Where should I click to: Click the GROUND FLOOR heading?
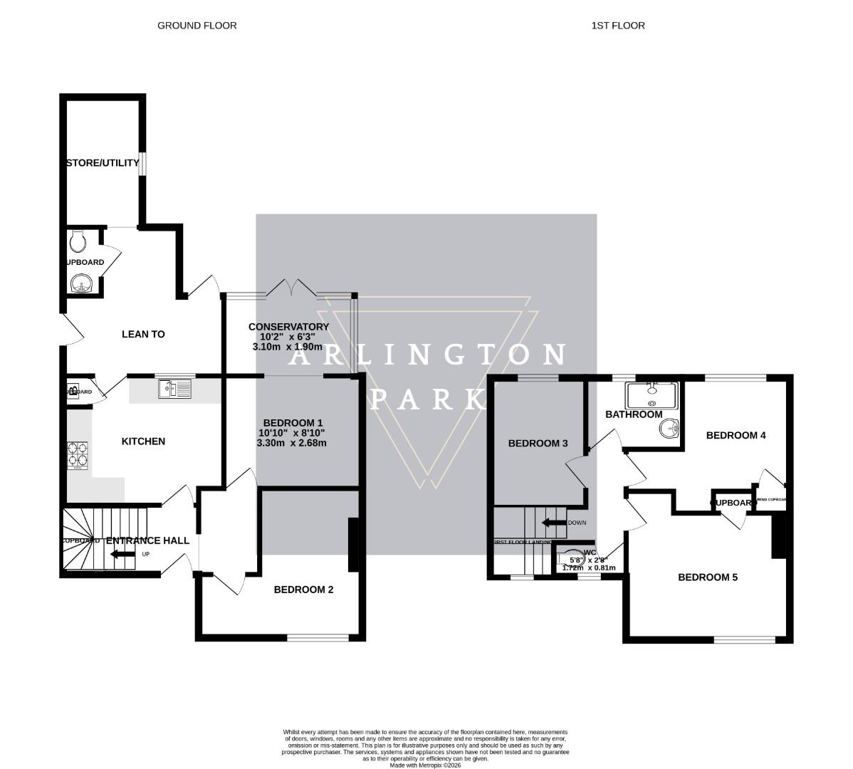(197, 26)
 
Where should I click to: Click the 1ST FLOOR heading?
(617, 26)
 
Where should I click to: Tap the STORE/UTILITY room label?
(103, 163)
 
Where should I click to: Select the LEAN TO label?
(143, 334)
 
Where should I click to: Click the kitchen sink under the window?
(174, 389)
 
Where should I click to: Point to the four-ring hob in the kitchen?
(78, 456)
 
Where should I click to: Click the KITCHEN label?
(143, 441)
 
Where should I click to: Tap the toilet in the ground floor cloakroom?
(78, 241)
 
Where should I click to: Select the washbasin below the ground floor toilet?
(82, 284)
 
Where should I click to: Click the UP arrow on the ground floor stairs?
(122, 554)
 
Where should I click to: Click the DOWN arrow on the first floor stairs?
(553, 523)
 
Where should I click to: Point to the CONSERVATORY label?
(288, 327)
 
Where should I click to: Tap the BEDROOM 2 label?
(303, 590)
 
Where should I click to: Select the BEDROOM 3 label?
(538, 444)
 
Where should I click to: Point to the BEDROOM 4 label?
(736, 435)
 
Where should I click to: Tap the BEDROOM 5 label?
(707, 577)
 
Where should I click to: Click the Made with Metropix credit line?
(426, 765)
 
